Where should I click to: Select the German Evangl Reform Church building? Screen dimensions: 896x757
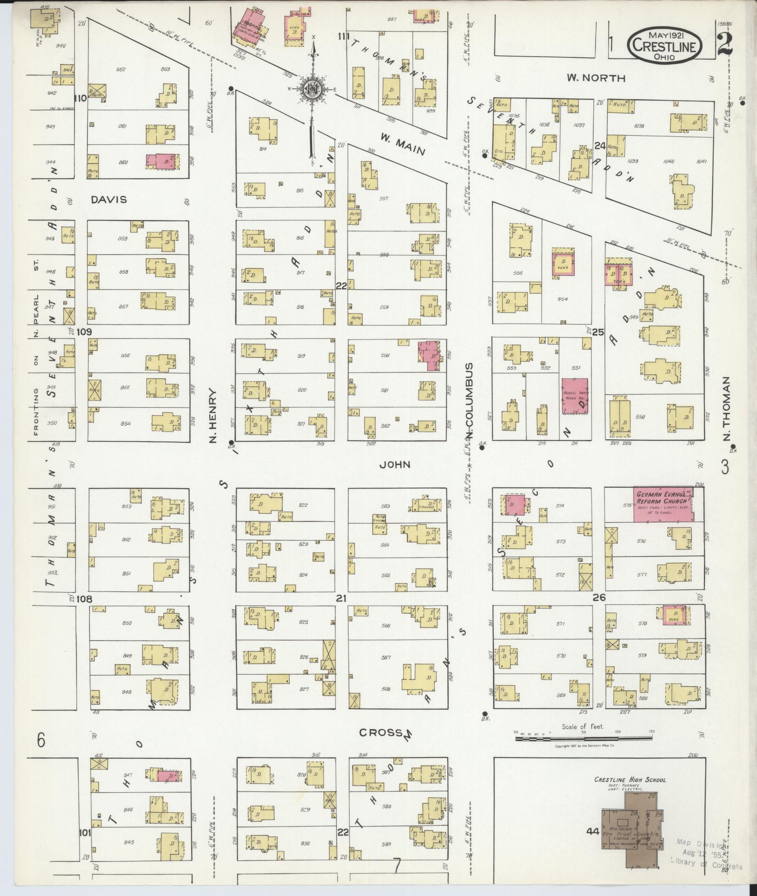[663, 504]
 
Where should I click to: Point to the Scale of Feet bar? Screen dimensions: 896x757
[583, 738]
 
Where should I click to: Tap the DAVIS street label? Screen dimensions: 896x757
[109, 199]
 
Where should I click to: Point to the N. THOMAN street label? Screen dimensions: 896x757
[727, 408]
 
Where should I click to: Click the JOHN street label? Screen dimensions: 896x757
[395, 464]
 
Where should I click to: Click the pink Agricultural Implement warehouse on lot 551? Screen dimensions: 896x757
[575, 396]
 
